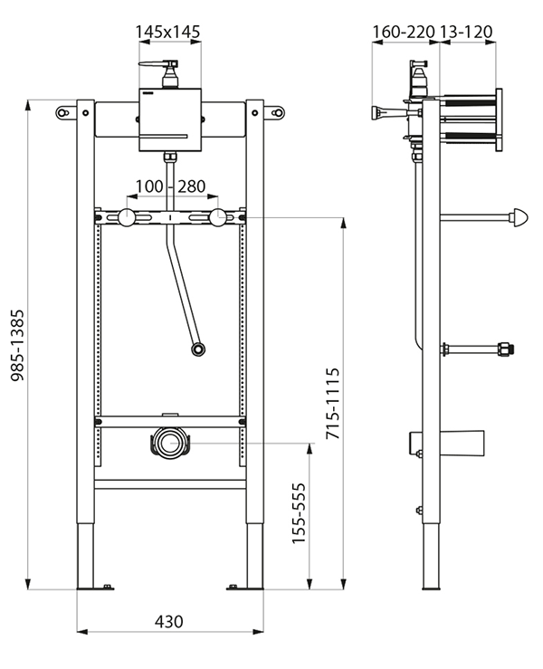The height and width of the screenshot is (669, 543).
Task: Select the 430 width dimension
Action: pyautogui.click(x=168, y=622)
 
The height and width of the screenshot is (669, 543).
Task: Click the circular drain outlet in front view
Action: pyautogui.click(x=168, y=443)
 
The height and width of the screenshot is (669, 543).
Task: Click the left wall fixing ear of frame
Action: pyautogui.click(x=66, y=111)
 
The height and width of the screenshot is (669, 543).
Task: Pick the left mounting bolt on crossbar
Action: pyautogui.click(x=124, y=217)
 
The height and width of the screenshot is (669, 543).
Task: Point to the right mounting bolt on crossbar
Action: pyautogui.click(x=217, y=217)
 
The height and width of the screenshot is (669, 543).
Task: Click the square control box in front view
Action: pyautogui.click(x=169, y=119)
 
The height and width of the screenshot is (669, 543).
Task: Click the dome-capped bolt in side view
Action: pyautogui.click(x=520, y=217)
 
